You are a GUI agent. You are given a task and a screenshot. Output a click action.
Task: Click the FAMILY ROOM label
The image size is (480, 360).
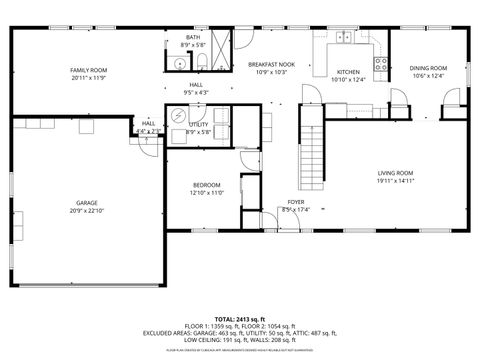pyautogui.click(x=89, y=70)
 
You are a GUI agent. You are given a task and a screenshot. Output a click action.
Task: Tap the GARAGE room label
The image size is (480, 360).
pyautogui.click(x=87, y=203)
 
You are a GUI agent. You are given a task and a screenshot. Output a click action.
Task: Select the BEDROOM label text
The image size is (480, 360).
pyautogui.click(x=207, y=185)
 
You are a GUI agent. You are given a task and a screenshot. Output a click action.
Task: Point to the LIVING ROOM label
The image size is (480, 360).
pyautogui.click(x=395, y=173)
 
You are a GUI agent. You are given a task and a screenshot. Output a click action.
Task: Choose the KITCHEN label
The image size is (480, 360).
pyautogui.click(x=348, y=72)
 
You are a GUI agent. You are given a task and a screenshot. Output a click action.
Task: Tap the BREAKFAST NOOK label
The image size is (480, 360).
pyautogui.click(x=271, y=64)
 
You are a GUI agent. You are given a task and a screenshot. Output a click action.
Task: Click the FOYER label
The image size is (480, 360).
pyautogui.click(x=296, y=202)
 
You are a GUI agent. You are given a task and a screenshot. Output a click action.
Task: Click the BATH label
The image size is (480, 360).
pyautogui.click(x=193, y=37)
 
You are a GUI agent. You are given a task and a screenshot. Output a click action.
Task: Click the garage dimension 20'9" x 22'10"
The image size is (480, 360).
pyautogui.click(x=87, y=211)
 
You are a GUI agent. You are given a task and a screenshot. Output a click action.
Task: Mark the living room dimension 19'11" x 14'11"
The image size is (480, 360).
pyautogui.click(x=395, y=182)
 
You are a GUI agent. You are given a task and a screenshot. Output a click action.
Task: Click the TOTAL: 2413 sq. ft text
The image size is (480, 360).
pyautogui.click(x=240, y=318)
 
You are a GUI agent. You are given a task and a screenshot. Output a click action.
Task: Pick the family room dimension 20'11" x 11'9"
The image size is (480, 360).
pyautogui.click(x=89, y=78)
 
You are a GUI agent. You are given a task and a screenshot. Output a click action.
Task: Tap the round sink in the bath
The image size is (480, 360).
pyautogui.click(x=179, y=62)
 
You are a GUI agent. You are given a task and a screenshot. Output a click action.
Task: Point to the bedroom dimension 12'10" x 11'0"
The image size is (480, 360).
pyautogui.click(x=207, y=193)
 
